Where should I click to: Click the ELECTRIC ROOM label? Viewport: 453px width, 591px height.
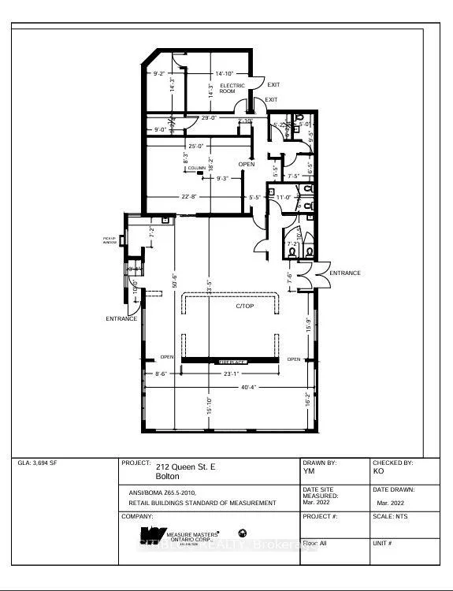(232, 87)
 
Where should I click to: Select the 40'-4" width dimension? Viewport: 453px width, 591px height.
(229, 386)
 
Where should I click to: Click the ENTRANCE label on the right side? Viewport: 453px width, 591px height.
(344, 273)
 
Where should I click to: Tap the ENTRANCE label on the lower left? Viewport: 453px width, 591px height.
(121, 318)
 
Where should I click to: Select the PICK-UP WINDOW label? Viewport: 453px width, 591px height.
(109, 240)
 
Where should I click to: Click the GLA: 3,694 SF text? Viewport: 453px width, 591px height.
(36, 463)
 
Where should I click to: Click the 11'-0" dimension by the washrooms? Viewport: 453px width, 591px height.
(283, 197)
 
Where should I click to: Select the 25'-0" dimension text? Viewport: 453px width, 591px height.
(196, 146)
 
